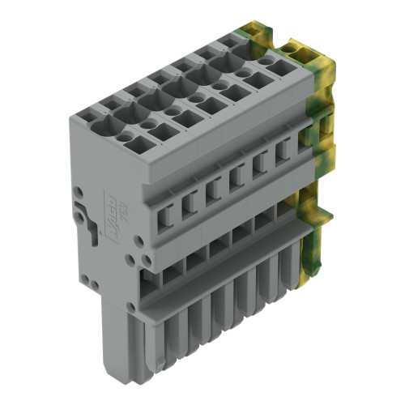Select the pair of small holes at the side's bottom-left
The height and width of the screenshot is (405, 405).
pos(92,283)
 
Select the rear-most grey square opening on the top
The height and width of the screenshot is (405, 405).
pos(257,80)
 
